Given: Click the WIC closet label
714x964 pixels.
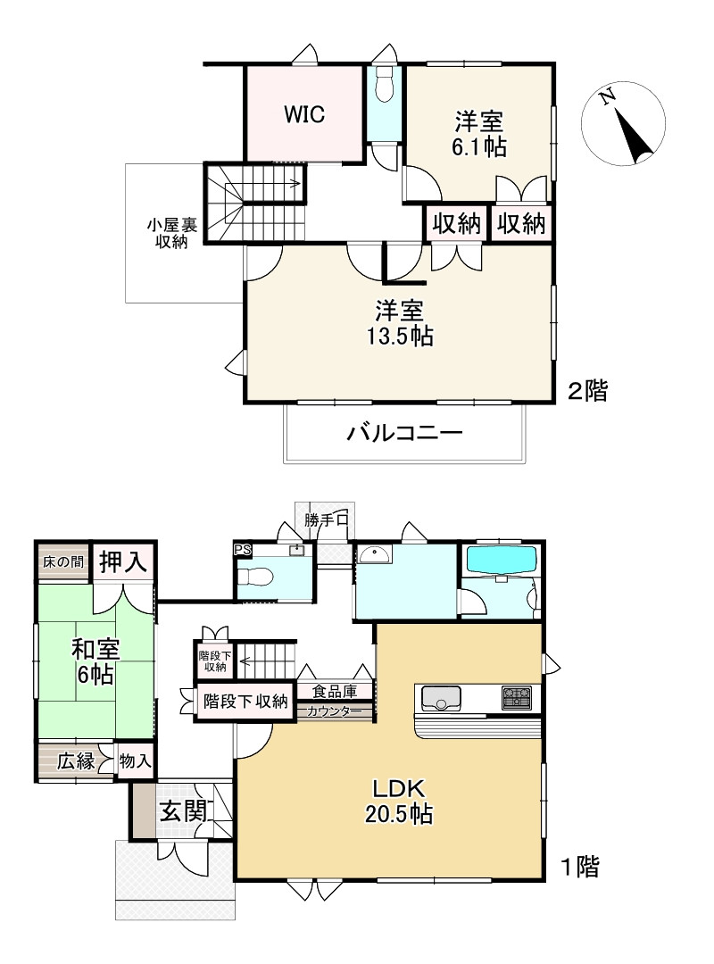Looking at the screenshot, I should [x=304, y=114].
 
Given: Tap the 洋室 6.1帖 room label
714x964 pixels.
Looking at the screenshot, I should [x=479, y=134].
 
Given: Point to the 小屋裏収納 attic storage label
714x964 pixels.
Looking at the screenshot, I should [x=167, y=234].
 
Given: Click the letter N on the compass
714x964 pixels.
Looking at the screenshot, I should [x=607, y=97].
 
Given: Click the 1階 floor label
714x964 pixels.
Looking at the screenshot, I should [x=580, y=865].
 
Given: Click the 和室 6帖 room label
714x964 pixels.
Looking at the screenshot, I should [x=95, y=661].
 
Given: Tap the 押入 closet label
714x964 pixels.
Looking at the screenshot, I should [x=123, y=562].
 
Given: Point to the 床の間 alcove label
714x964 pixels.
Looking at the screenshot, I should [x=63, y=562].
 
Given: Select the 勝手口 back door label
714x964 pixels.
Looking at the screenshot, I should [x=325, y=520].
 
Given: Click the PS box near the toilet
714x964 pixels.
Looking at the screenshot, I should [x=242, y=550].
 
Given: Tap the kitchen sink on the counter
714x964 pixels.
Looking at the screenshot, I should [x=439, y=698].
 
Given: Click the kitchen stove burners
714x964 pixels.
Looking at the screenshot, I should [x=516, y=697].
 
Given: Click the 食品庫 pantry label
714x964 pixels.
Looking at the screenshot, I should [x=335, y=691].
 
